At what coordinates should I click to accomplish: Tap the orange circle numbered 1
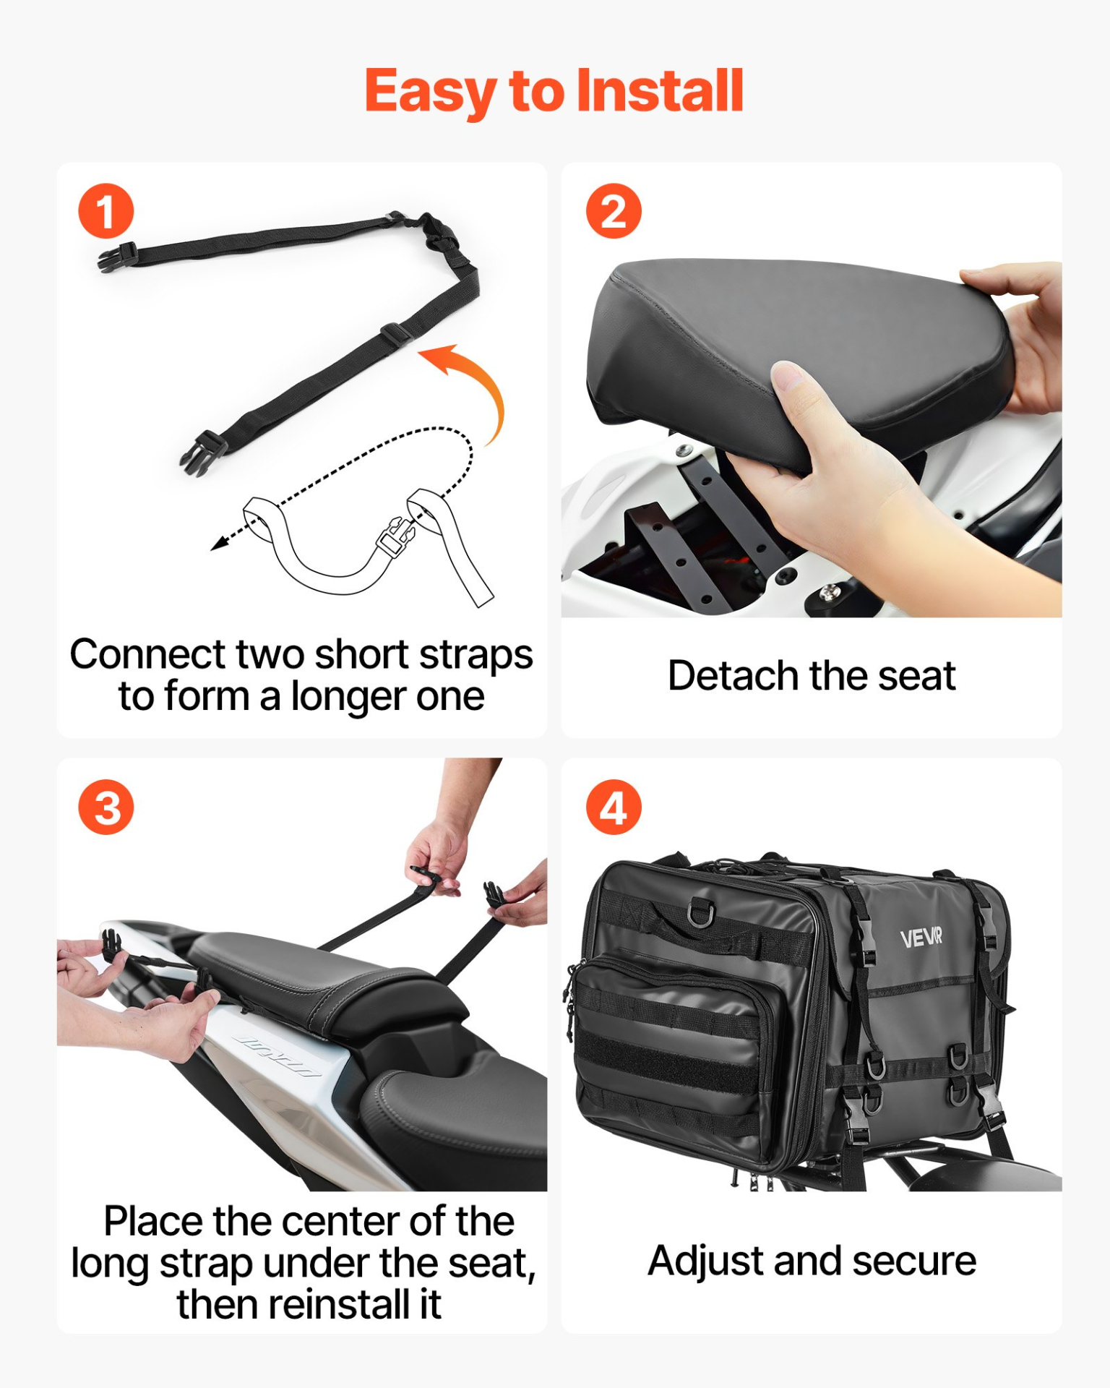tap(106, 211)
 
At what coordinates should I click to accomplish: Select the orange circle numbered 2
tap(614, 211)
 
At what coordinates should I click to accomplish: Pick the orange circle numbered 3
tap(106, 807)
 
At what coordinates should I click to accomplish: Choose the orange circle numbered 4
tap(614, 807)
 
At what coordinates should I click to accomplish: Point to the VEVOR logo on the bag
tap(921, 938)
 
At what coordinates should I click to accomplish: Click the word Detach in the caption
tap(734, 676)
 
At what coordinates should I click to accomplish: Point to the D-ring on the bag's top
tap(700, 912)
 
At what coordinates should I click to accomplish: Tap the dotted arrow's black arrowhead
tap(218, 544)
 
